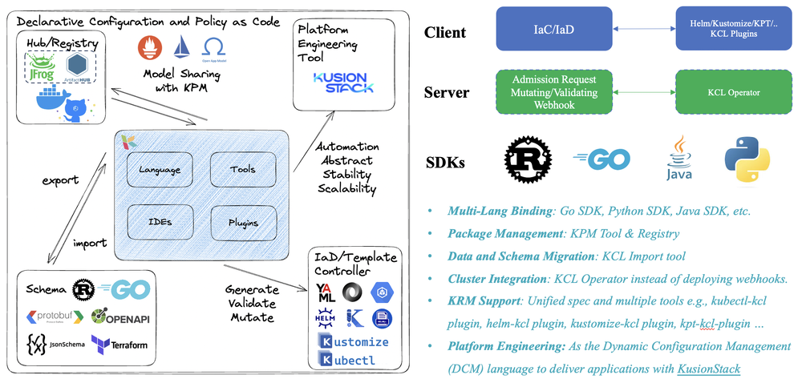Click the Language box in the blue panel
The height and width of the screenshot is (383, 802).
coord(160,169)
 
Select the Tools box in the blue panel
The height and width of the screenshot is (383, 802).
coord(243,169)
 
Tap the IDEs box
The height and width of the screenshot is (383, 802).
coord(160,220)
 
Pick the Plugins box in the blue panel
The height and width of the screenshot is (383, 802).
coord(243,220)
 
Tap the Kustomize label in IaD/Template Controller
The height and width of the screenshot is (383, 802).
coord(354,342)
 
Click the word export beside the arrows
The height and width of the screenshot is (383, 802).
coord(60,179)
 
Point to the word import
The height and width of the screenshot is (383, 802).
coord(90,243)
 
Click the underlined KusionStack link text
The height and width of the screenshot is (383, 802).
coord(709,369)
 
